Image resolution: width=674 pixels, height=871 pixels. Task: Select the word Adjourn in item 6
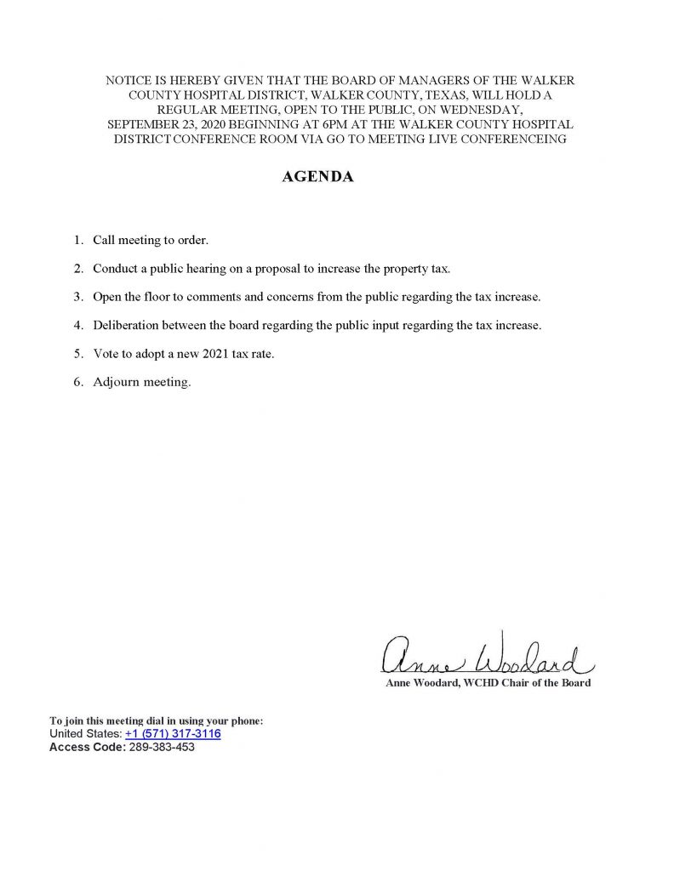[116, 382]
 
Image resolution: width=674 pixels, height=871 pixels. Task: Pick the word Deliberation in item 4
[125, 325]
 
